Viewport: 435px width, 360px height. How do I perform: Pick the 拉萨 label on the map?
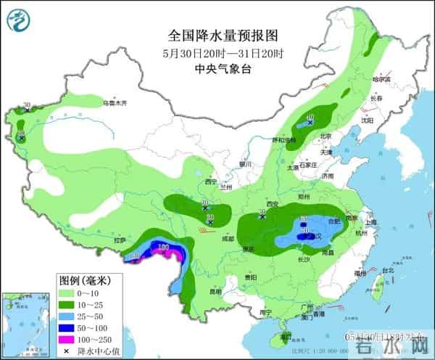pos(120,240)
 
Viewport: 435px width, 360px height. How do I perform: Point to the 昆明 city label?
pos(215,292)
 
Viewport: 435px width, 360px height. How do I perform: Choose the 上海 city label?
pos(371,222)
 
